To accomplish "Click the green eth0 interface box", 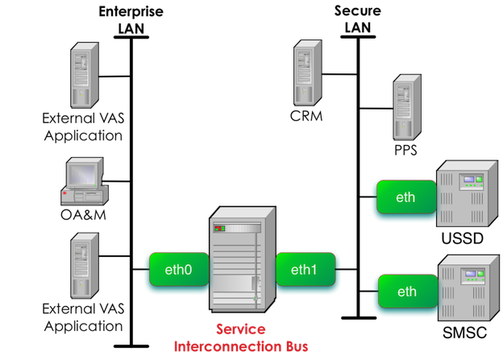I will point(177,271).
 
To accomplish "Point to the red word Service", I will point(241,331).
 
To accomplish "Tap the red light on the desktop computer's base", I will point(64,192).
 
